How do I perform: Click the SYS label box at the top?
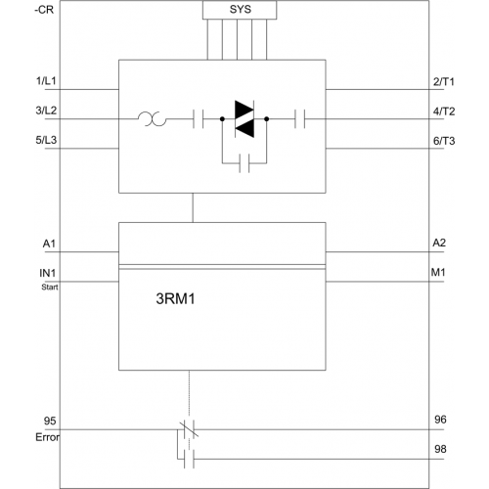click(240, 10)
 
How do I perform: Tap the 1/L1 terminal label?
click(46, 81)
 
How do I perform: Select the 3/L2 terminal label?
click(46, 111)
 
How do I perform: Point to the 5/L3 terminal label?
click(46, 140)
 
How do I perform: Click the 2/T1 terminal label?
click(443, 81)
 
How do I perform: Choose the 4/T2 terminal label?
click(444, 111)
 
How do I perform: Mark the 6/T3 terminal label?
click(444, 141)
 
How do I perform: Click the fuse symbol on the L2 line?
click(152, 119)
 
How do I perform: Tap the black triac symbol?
click(244, 119)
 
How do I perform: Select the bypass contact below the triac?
click(244, 163)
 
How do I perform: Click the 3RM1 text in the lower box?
click(175, 298)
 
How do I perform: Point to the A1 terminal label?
click(49, 244)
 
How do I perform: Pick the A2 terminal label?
click(439, 243)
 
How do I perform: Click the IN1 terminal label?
click(48, 273)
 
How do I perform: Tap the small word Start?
click(50, 288)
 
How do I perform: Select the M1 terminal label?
click(438, 272)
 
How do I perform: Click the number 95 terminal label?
click(50, 421)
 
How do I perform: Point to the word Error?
click(48, 437)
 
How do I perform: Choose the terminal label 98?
click(440, 449)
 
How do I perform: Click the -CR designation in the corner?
click(44, 10)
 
